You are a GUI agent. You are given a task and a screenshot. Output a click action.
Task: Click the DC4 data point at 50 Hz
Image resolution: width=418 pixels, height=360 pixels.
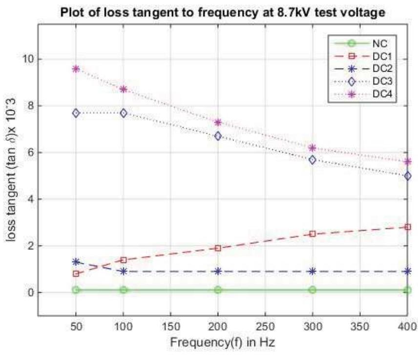(x=76, y=69)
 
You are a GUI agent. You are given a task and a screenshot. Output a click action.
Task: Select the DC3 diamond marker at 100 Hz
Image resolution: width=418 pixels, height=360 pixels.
(x=124, y=113)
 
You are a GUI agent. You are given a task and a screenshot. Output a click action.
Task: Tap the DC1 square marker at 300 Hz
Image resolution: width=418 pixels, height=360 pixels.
(x=313, y=234)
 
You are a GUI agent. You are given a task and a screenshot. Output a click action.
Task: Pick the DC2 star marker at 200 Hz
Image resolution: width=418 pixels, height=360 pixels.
(x=218, y=271)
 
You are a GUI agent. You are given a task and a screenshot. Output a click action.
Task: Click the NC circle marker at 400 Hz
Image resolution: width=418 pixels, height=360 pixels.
(x=407, y=290)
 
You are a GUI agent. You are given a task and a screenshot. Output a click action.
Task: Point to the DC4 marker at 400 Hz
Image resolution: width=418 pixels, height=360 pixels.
(x=407, y=161)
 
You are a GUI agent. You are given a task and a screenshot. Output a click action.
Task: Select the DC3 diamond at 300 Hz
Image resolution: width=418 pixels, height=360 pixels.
(x=313, y=160)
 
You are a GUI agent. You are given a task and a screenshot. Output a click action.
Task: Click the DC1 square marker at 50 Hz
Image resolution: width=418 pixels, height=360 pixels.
(x=76, y=274)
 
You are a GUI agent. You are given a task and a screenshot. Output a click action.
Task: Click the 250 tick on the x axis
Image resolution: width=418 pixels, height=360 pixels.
(x=265, y=325)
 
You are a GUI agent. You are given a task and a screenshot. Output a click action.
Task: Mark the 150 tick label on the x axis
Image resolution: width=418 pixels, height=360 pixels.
(x=170, y=325)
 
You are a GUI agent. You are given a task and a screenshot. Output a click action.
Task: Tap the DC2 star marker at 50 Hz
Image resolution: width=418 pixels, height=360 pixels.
(x=76, y=262)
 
